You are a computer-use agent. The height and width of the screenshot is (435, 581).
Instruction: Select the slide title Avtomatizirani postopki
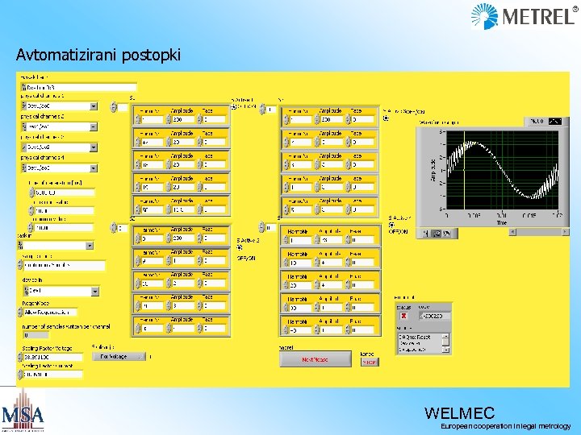click(98, 56)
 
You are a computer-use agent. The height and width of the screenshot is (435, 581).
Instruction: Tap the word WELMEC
click(459, 412)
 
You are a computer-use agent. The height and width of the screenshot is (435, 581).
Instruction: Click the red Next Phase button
click(315, 360)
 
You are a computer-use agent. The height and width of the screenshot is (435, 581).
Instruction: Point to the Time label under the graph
click(501, 223)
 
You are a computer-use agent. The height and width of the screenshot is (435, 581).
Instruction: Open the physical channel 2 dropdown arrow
click(93, 126)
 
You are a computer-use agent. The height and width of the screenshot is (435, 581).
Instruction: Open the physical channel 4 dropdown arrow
click(93, 168)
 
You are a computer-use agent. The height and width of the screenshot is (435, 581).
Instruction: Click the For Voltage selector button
click(119, 355)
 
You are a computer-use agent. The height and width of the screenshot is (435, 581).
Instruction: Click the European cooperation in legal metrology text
click(505, 426)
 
